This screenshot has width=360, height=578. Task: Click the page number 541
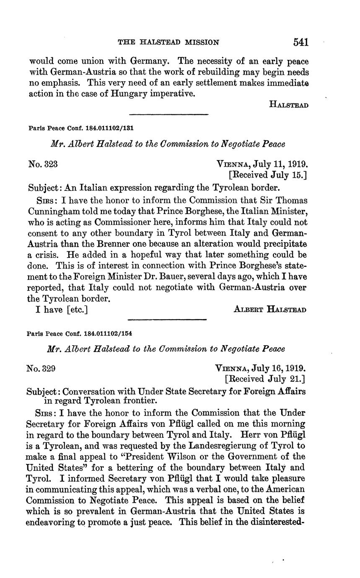301,42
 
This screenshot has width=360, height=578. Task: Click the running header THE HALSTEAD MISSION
168,42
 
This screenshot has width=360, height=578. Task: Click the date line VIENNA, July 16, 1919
261,369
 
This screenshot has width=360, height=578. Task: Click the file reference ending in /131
81,128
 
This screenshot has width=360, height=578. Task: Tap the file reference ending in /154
80,334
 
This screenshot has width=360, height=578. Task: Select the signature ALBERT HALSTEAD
270,310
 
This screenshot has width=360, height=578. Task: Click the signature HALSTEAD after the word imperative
288,105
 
